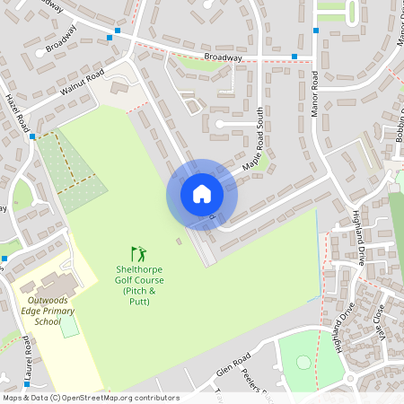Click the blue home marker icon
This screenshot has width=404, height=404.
tap(202, 194)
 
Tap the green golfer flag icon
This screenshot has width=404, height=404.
tap(138, 254)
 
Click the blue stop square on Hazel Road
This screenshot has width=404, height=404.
tap(32, 137)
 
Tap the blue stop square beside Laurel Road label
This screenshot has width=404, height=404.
tap(4, 259)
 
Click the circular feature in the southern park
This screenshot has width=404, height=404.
tap(303, 362)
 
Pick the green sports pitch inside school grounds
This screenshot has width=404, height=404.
tap(69, 325)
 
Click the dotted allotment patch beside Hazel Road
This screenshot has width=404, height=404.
tap(69, 171)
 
